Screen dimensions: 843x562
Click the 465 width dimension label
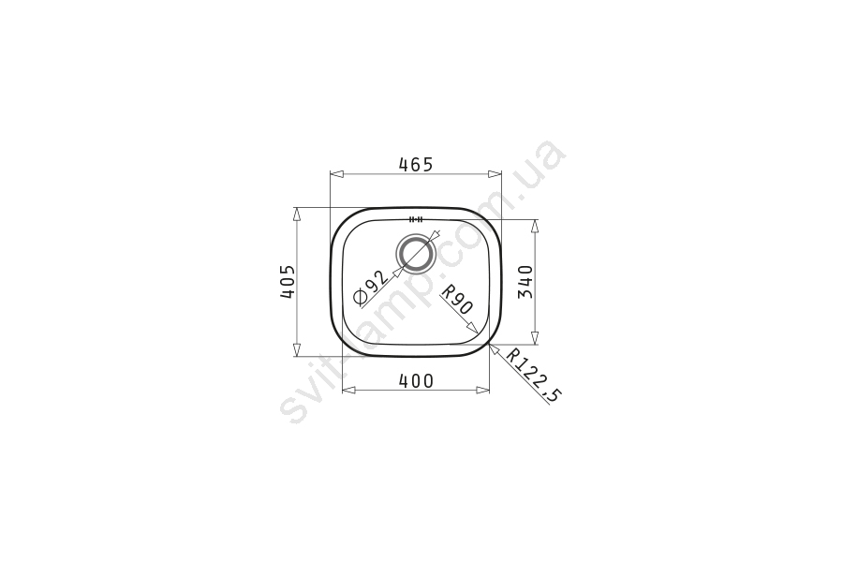tap(416, 164)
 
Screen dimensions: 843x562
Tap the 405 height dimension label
tap(288, 281)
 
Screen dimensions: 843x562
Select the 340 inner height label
tap(525, 282)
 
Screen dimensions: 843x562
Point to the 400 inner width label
tap(416, 381)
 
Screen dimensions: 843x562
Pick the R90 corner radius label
tap(457, 299)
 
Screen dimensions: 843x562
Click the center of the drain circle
tap(415, 253)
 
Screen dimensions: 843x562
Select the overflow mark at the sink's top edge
tap(416, 219)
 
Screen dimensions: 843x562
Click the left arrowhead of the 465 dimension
tap(336, 174)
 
